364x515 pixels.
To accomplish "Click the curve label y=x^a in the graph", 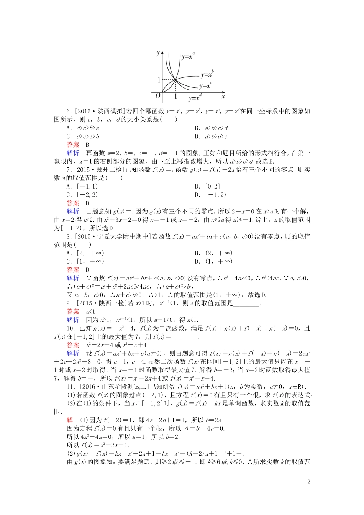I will pos(188,56).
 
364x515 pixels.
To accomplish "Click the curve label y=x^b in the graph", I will pos(207,74).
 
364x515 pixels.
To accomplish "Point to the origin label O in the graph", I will pos(157,95).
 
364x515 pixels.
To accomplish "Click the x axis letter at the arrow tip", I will pos(223,96).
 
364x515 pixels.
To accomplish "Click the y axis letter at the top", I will pos(158,53).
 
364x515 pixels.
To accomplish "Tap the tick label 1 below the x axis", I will pos(175,97).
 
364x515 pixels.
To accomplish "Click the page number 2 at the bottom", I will pos(308,482).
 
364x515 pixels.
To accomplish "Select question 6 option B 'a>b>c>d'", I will pos(211,128).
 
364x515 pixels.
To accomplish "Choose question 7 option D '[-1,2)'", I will pos(210,195).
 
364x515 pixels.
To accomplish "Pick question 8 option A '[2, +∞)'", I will pos(85,253).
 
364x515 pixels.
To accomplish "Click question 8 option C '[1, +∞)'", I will pos(85,261).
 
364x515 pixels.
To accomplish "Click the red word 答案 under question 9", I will pos(73,312).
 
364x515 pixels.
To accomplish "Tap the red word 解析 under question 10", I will pos(73,353).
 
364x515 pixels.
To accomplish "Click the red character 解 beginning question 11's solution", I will pos(70,420).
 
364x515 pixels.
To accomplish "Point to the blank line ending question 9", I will pos(246,303).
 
